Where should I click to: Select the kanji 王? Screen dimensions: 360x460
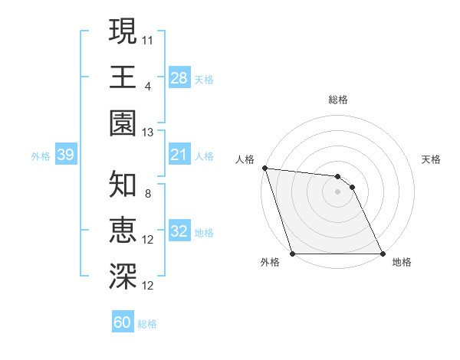(x=123, y=77)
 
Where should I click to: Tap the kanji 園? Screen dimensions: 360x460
(x=123, y=123)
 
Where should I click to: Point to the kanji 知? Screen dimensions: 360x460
(x=123, y=184)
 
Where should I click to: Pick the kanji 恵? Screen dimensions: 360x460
(x=123, y=231)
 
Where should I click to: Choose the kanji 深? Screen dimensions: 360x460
(x=123, y=277)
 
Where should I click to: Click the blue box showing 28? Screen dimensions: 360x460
(x=179, y=77)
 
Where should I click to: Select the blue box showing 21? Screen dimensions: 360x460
(x=179, y=155)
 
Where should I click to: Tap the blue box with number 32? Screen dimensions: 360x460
(x=179, y=232)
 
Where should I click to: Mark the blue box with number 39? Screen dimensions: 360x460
(x=66, y=155)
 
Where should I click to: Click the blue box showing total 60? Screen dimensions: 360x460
(x=123, y=322)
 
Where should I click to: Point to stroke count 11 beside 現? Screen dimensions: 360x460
(x=148, y=38)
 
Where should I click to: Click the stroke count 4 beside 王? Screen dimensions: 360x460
(x=148, y=86)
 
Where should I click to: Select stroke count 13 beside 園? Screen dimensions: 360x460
(x=148, y=133)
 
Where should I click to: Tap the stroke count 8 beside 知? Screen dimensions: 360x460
(x=148, y=194)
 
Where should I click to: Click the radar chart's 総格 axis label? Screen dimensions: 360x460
(x=338, y=100)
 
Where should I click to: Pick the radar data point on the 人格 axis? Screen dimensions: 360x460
(x=264, y=168)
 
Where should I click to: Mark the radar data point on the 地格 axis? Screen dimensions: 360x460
(x=383, y=254)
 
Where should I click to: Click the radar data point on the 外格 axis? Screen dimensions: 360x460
(x=293, y=254)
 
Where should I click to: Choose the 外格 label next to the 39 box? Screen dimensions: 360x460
(x=41, y=156)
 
